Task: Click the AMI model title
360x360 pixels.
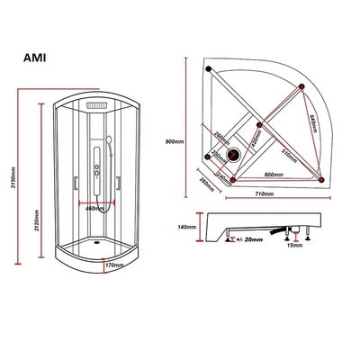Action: pyautogui.click(x=38, y=60)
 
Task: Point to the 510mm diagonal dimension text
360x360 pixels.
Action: pyautogui.click(x=288, y=153)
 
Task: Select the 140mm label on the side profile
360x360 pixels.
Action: pyautogui.click(x=187, y=227)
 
